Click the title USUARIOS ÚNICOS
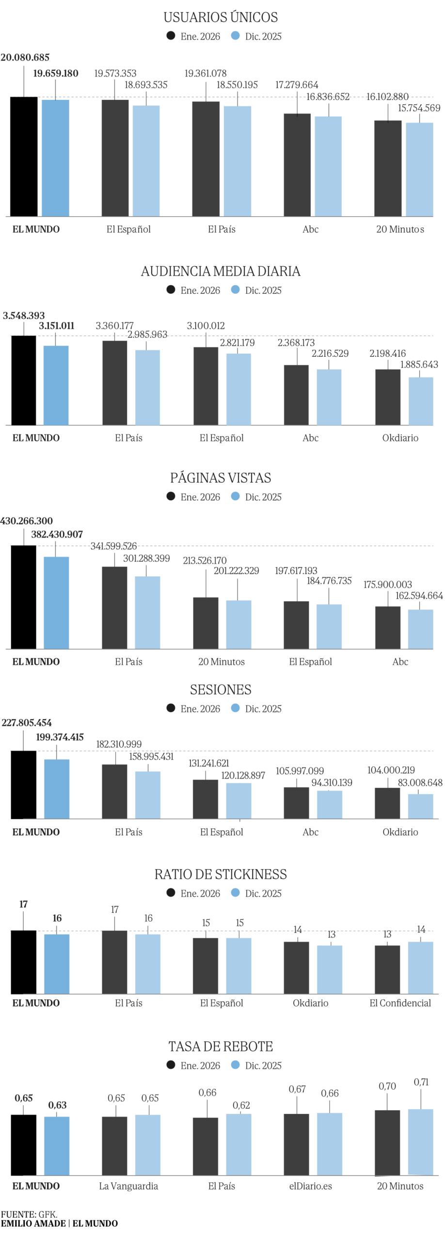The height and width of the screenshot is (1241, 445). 221,17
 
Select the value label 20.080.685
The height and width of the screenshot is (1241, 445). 25,58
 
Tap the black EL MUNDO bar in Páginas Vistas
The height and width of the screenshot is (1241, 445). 24,597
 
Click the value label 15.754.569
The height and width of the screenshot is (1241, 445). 419,108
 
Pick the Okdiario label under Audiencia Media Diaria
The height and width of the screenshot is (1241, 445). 400,438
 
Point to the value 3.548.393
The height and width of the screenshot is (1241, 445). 24,316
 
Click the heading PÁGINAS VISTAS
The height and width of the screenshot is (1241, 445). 221,478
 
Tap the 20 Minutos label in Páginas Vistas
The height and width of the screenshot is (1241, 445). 222,662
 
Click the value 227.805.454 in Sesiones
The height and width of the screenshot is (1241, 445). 27,723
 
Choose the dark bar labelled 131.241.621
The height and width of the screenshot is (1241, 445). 206,799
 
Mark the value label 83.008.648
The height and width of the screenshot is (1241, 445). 420,782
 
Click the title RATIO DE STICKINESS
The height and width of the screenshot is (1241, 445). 221,874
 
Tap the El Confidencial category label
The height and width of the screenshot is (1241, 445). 400,1003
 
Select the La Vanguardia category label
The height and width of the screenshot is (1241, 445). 128,1186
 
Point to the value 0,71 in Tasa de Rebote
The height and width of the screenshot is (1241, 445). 421,1082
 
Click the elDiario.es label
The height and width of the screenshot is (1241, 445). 310,1186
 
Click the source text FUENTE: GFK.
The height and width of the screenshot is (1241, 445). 29,1214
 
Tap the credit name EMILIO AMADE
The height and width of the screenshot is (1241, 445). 33,1223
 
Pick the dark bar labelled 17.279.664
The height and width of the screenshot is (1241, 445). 297,165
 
